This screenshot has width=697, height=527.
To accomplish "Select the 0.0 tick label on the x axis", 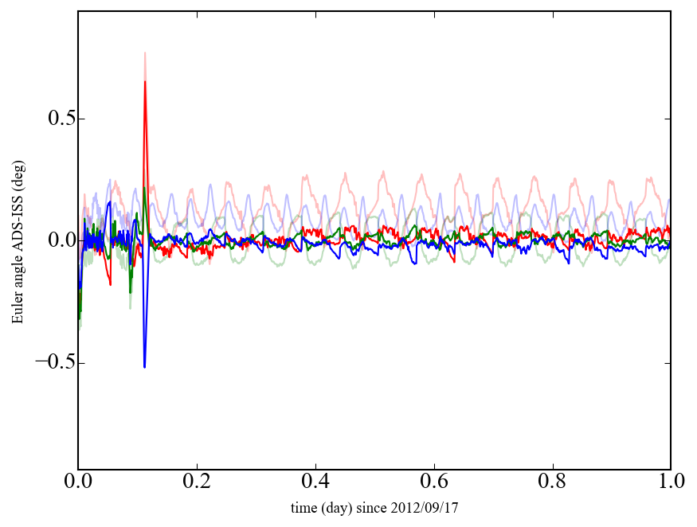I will click(78, 482).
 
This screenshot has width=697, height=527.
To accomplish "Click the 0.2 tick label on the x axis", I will click(197, 482).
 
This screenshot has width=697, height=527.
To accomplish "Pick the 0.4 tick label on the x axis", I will click(315, 482).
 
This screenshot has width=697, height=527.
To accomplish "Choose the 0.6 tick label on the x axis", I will click(434, 482).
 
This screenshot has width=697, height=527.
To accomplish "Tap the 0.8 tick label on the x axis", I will click(552, 482).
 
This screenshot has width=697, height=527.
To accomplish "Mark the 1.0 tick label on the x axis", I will click(671, 482).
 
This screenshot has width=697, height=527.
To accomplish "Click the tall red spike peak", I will click(145, 81).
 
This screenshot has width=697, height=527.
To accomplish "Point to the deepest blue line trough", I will click(145, 366).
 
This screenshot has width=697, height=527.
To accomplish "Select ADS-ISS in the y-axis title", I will click(18, 228).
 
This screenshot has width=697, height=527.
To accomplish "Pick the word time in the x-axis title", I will click(303, 507).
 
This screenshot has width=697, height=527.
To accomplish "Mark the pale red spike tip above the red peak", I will click(145, 53).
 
